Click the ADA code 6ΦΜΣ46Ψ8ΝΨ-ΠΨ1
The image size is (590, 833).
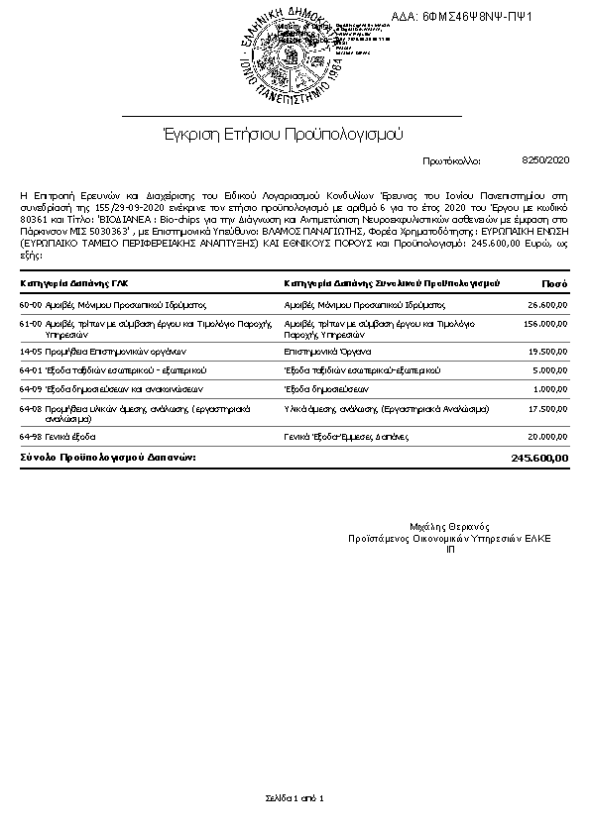(x=477, y=17)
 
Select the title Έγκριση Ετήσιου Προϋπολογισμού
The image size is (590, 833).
(x=283, y=132)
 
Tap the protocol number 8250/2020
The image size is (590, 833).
(x=545, y=158)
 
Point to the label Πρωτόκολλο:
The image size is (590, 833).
(x=451, y=159)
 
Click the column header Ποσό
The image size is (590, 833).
(x=555, y=284)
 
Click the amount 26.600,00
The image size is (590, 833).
(x=548, y=305)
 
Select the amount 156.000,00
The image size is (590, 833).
(x=545, y=324)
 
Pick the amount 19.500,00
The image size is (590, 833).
(x=548, y=351)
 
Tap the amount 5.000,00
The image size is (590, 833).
(x=550, y=369)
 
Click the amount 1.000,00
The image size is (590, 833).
(x=550, y=388)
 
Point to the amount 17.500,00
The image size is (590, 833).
(x=548, y=407)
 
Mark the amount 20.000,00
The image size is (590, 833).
(x=548, y=435)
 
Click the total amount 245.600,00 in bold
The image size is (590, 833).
(x=540, y=458)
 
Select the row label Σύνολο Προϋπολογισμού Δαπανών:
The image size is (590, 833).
(x=108, y=457)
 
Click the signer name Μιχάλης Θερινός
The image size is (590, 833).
(x=449, y=526)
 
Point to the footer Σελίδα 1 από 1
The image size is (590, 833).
(x=295, y=796)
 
